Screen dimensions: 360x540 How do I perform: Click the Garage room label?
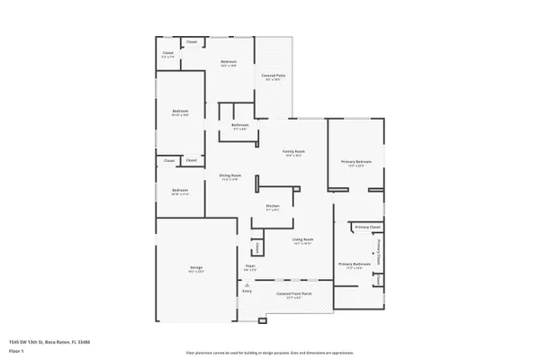pos(196,269)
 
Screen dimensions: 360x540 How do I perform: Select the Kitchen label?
pos(273,206)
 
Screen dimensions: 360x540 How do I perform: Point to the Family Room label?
pos(293,152)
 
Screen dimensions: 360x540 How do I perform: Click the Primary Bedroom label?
pos(355,161)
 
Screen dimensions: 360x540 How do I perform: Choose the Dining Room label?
pos(230,175)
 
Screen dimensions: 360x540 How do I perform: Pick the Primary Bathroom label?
pos(350,264)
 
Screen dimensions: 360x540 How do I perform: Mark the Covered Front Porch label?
pos(293,294)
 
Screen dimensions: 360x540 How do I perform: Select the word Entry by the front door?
pos(247,291)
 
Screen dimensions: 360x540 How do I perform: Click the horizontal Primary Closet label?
pos(367,228)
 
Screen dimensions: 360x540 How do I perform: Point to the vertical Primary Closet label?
pos(379,251)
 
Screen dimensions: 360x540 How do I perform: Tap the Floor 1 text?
pos(15,352)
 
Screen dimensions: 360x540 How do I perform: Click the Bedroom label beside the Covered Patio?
pos(229,62)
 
